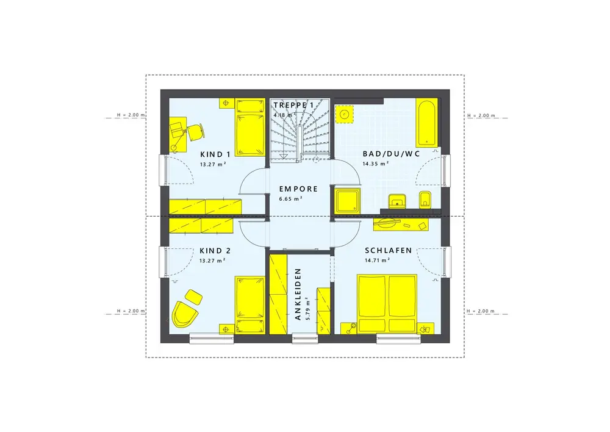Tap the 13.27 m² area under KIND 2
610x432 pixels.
point(212,261)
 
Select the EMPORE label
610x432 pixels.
point(298,189)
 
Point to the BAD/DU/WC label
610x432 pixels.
point(392,154)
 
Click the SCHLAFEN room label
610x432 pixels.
point(388,250)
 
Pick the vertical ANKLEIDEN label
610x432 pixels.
point(298,294)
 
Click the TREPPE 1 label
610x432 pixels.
point(293,105)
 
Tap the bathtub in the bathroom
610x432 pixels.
point(427,123)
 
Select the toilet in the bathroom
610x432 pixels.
point(425,200)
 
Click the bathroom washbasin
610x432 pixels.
point(397,200)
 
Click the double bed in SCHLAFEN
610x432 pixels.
point(387,304)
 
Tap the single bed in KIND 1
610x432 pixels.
point(250,127)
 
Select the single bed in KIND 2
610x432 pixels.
point(249,304)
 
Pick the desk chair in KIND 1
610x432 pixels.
point(196,132)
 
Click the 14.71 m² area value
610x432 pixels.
point(378,261)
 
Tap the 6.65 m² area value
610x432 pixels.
point(291,199)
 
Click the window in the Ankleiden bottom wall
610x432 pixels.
point(305,338)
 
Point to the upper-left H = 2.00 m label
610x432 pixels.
point(131,115)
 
